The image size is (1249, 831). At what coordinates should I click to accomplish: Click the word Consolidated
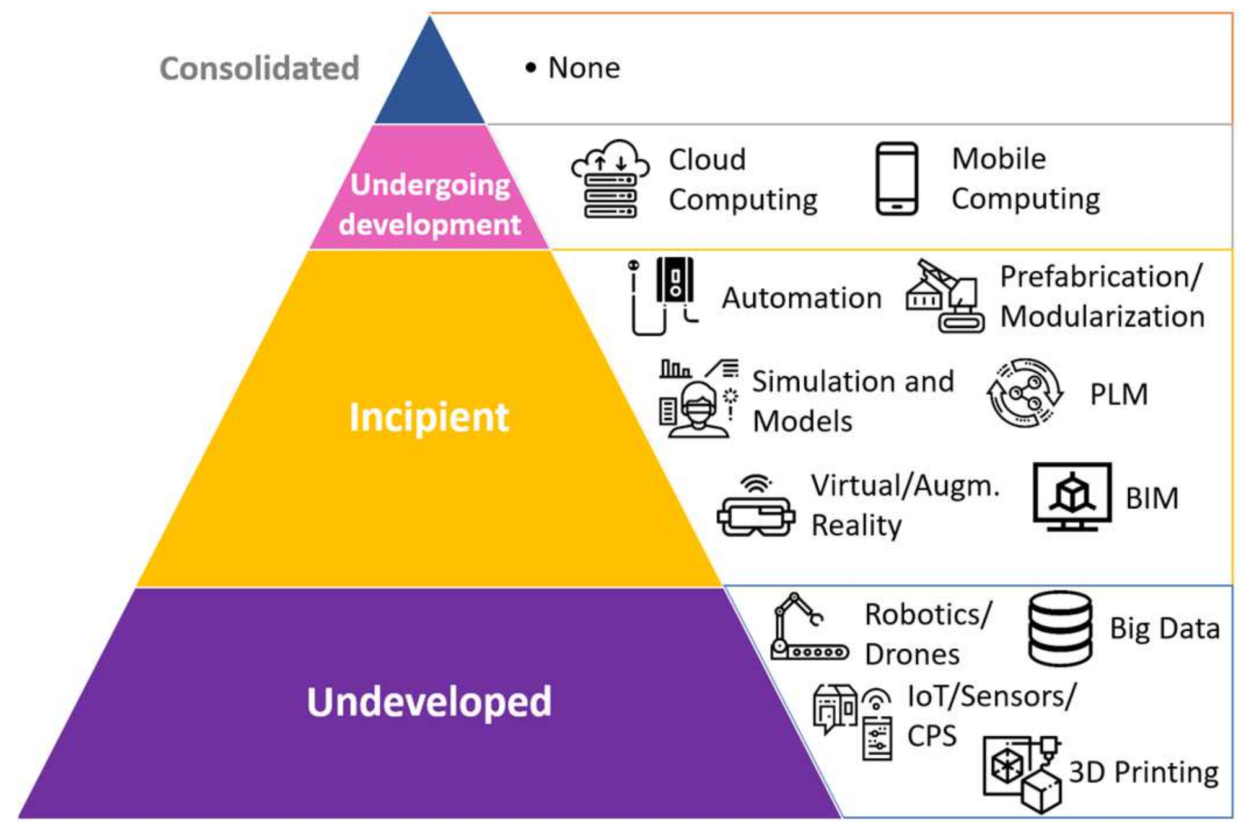tap(260, 68)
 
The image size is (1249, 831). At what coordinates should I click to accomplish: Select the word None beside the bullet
tap(584, 68)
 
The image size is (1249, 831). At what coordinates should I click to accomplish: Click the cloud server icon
tap(610, 179)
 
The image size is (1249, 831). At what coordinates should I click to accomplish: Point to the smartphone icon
tap(896, 178)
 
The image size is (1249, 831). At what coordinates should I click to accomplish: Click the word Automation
tap(802, 298)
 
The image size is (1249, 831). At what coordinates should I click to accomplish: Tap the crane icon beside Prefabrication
tap(945, 296)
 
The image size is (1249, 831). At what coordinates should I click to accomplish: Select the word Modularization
tap(1102, 317)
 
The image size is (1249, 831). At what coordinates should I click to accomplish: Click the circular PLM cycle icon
tap(1025, 393)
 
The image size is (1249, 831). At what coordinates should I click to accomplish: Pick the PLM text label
tap(1119, 394)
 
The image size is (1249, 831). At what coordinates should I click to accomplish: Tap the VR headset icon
tap(756, 507)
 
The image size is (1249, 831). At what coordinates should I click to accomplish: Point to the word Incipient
tap(429, 417)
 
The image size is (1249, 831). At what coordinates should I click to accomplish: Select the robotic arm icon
tap(806, 627)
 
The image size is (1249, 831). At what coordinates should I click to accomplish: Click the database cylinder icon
tap(1060, 628)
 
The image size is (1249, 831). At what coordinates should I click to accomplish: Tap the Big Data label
tap(1165, 628)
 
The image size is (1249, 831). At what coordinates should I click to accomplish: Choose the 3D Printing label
tap(1144, 772)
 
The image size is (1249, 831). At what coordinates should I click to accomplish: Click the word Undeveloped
tap(429, 701)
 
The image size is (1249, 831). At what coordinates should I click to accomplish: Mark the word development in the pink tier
tap(429, 224)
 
